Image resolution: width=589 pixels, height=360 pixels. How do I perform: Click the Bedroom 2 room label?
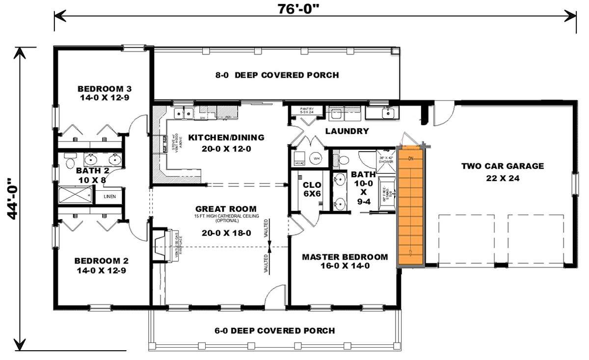101,265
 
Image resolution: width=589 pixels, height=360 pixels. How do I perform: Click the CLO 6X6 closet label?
312,189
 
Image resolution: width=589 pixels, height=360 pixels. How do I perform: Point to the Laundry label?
347,131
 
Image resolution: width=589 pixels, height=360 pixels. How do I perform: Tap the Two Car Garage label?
502,171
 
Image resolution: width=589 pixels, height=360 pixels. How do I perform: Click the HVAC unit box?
299,159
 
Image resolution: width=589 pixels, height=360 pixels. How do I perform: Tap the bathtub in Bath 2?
75,195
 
